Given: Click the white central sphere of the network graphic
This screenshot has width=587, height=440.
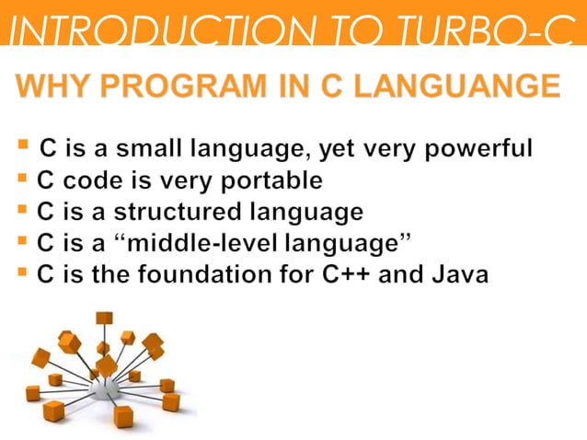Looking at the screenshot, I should pyautogui.click(x=105, y=388).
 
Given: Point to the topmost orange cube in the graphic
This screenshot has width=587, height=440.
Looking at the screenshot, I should pyautogui.click(x=104, y=318).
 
